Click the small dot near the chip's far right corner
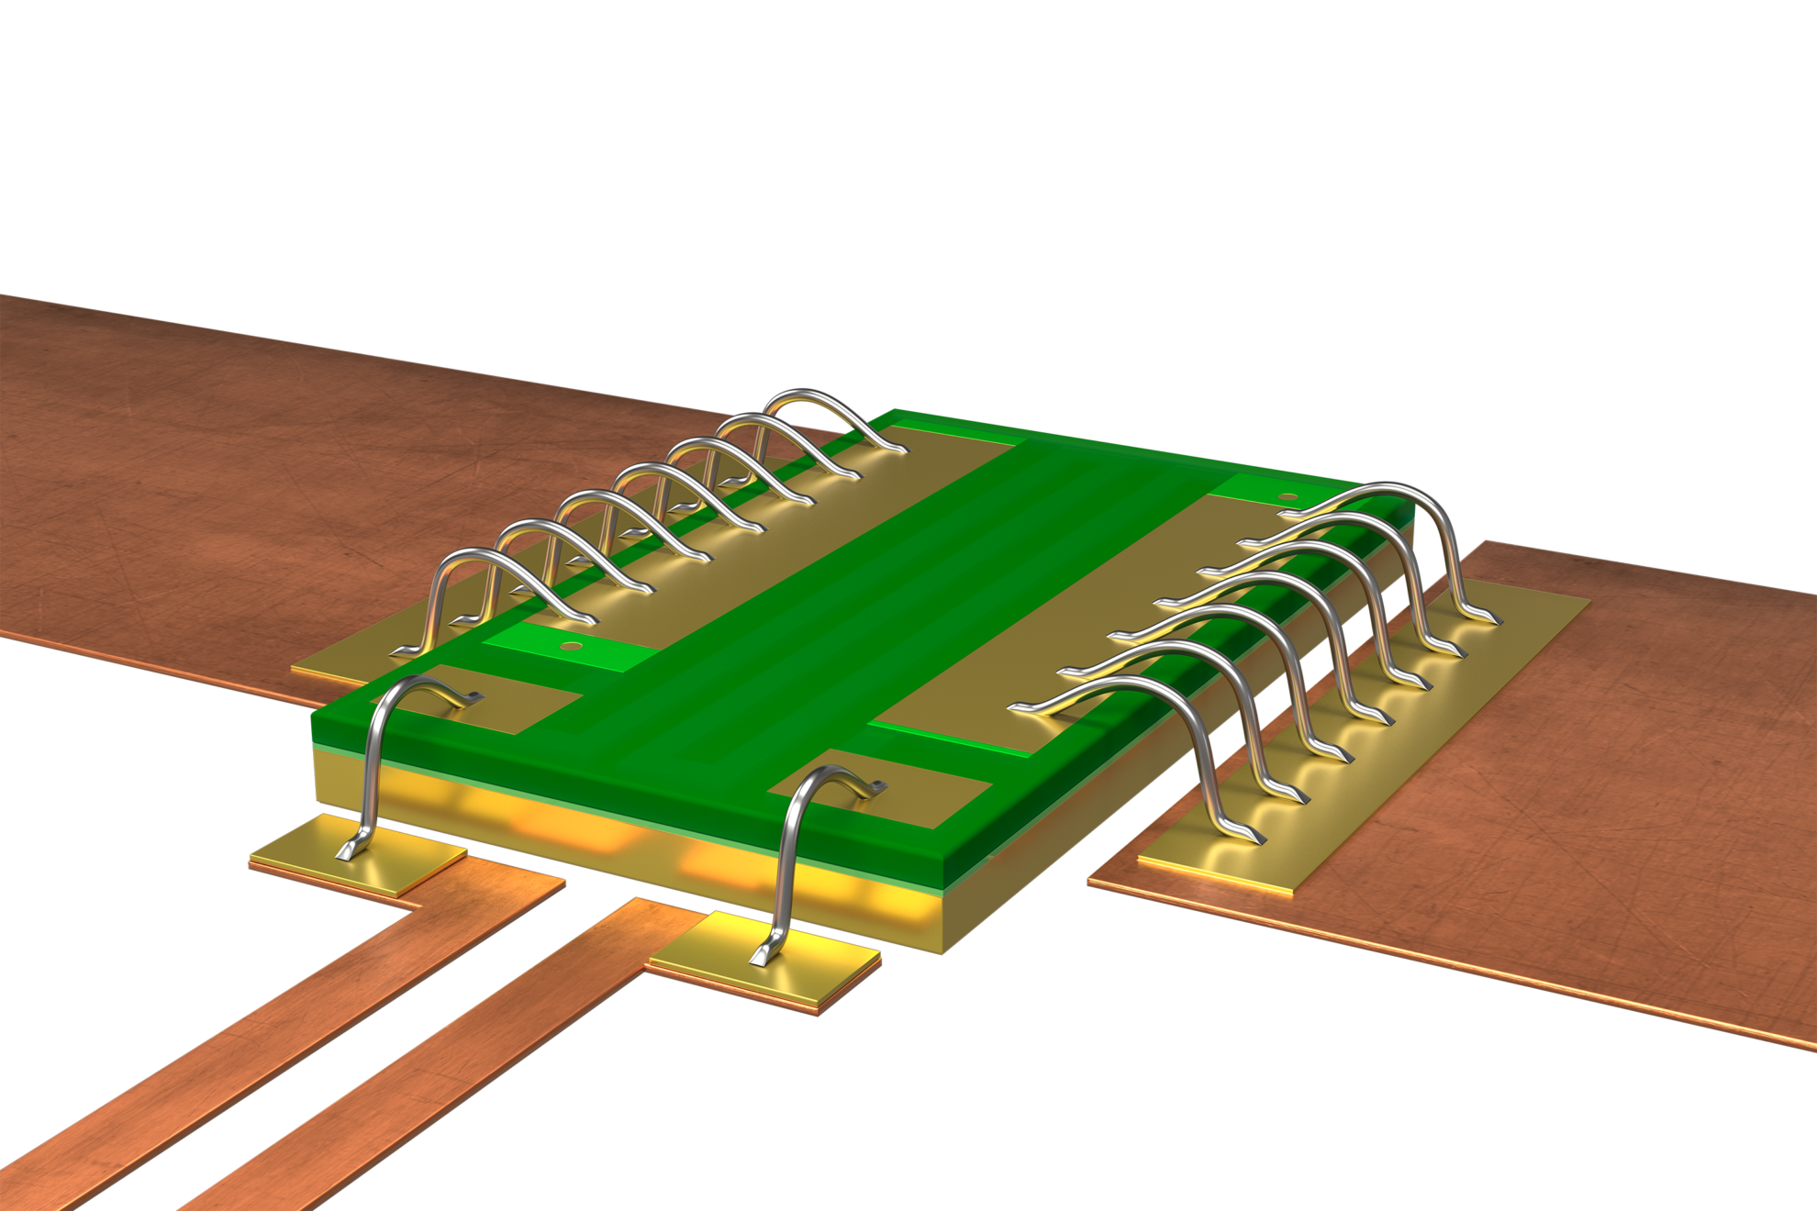pyautogui.click(x=1288, y=498)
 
